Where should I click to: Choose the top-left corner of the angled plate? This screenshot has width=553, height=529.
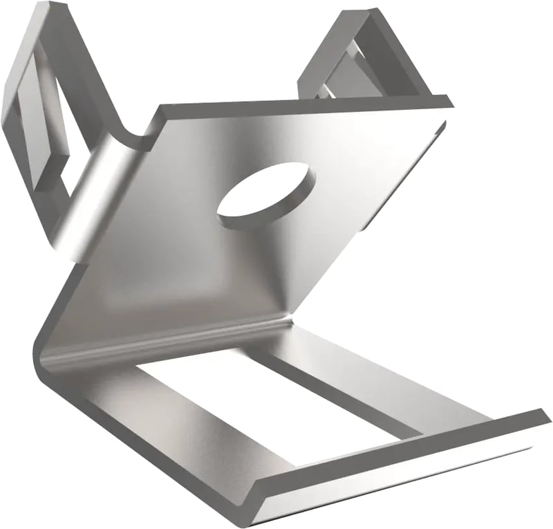tap(162, 109)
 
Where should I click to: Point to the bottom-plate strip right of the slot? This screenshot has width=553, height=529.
tap(387, 380)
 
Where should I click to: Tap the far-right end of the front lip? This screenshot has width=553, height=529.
tap(546, 418)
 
